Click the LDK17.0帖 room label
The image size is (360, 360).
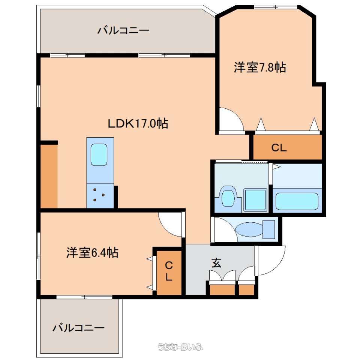[x=138, y=124]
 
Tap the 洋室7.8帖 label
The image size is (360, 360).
[x=260, y=67]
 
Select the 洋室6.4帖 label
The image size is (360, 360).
[x=92, y=252]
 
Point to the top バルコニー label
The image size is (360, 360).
[x=123, y=30]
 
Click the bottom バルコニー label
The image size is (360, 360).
[x=78, y=328]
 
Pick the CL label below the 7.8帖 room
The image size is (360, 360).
[x=279, y=148]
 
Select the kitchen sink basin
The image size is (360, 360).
[x=99, y=155]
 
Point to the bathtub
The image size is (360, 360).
[x=297, y=201]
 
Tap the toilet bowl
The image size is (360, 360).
[x=249, y=230]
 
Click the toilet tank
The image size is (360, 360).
[x=268, y=229]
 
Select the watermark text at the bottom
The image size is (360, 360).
[x=180, y=346]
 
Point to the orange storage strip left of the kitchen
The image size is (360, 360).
[x=49, y=176]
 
